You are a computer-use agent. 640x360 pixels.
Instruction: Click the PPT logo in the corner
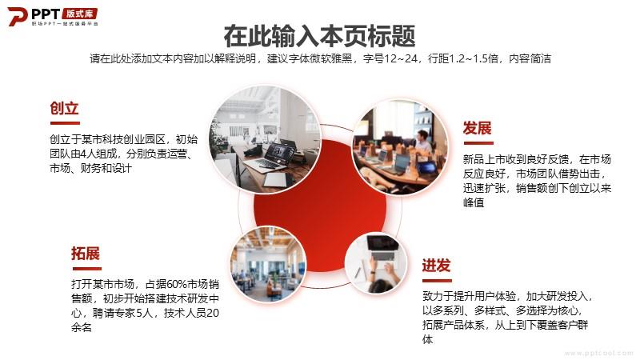(x=52, y=17)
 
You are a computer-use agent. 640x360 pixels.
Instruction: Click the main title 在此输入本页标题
(x=319, y=36)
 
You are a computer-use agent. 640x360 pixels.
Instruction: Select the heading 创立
(x=64, y=108)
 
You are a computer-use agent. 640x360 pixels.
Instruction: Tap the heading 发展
(x=477, y=128)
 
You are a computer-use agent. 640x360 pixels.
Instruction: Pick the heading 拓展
(x=86, y=254)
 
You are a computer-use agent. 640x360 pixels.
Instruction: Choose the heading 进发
(x=436, y=266)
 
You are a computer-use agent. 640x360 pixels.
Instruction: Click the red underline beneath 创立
(x=65, y=123)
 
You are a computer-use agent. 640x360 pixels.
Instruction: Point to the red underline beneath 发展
(x=478, y=143)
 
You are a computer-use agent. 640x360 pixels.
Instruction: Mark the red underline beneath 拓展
(x=87, y=269)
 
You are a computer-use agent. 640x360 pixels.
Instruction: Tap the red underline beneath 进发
(x=437, y=281)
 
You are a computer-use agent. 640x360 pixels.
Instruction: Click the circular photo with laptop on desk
(x=265, y=138)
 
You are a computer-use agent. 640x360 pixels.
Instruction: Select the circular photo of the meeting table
(x=400, y=147)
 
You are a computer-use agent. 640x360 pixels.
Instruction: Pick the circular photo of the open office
(x=268, y=264)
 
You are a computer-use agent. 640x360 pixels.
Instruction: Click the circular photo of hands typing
(x=376, y=263)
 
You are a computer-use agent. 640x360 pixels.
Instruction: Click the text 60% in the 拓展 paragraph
(x=177, y=284)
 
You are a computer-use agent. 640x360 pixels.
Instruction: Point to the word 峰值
(x=474, y=202)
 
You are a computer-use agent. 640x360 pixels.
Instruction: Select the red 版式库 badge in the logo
(x=79, y=14)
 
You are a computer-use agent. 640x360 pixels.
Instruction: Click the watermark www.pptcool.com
(x=598, y=353)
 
